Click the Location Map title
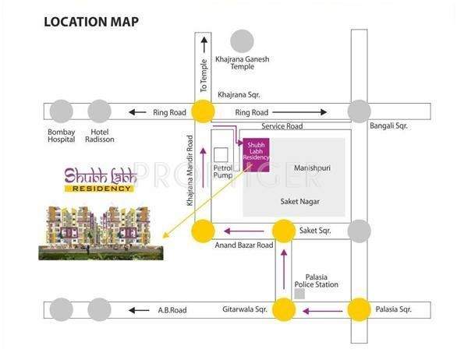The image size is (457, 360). click(x=92, y=21)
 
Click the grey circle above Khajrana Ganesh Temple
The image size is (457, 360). click(x=243, y=41)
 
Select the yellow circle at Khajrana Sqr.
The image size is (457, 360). click(x=204, y=112)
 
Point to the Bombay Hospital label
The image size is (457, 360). click(x=62, y=136)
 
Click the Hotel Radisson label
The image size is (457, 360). click(x=102, y=136)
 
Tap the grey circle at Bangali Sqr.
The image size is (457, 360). click(x=359, y=112)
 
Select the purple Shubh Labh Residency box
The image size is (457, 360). click(x=257, y=152)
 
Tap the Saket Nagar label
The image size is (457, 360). click(x=300, y=202)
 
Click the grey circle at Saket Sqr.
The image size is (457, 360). click(x=359, y=230)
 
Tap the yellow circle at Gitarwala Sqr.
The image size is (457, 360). click(x=284, y=310)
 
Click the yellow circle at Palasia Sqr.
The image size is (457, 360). click(x=359, y=310)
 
